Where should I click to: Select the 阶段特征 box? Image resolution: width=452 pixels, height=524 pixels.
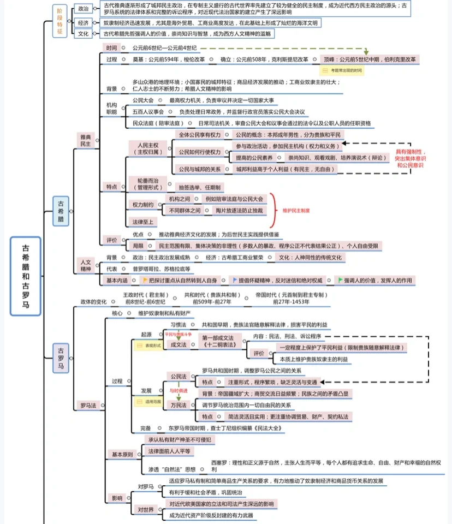[60, 21]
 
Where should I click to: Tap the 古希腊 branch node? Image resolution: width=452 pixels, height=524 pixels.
[61, 211]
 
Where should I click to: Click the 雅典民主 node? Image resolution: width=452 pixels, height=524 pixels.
[86, 140]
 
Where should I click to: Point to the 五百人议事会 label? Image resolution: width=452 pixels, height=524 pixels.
[148, 112]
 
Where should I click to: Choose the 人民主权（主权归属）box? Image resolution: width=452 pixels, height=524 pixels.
[147, 148]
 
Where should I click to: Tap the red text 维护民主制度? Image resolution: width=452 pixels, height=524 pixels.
[296, 211]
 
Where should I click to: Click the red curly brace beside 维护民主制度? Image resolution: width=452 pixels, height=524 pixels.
[272, 210]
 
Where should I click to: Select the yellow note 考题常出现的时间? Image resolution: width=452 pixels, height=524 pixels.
[342, 70]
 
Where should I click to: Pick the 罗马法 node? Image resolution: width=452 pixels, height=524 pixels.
[88, 405]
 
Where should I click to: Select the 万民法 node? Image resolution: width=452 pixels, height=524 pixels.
[179, 405]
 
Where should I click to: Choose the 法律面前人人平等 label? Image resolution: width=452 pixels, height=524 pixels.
[169, 451]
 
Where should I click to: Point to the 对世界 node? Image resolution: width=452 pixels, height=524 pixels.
[146, 509]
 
